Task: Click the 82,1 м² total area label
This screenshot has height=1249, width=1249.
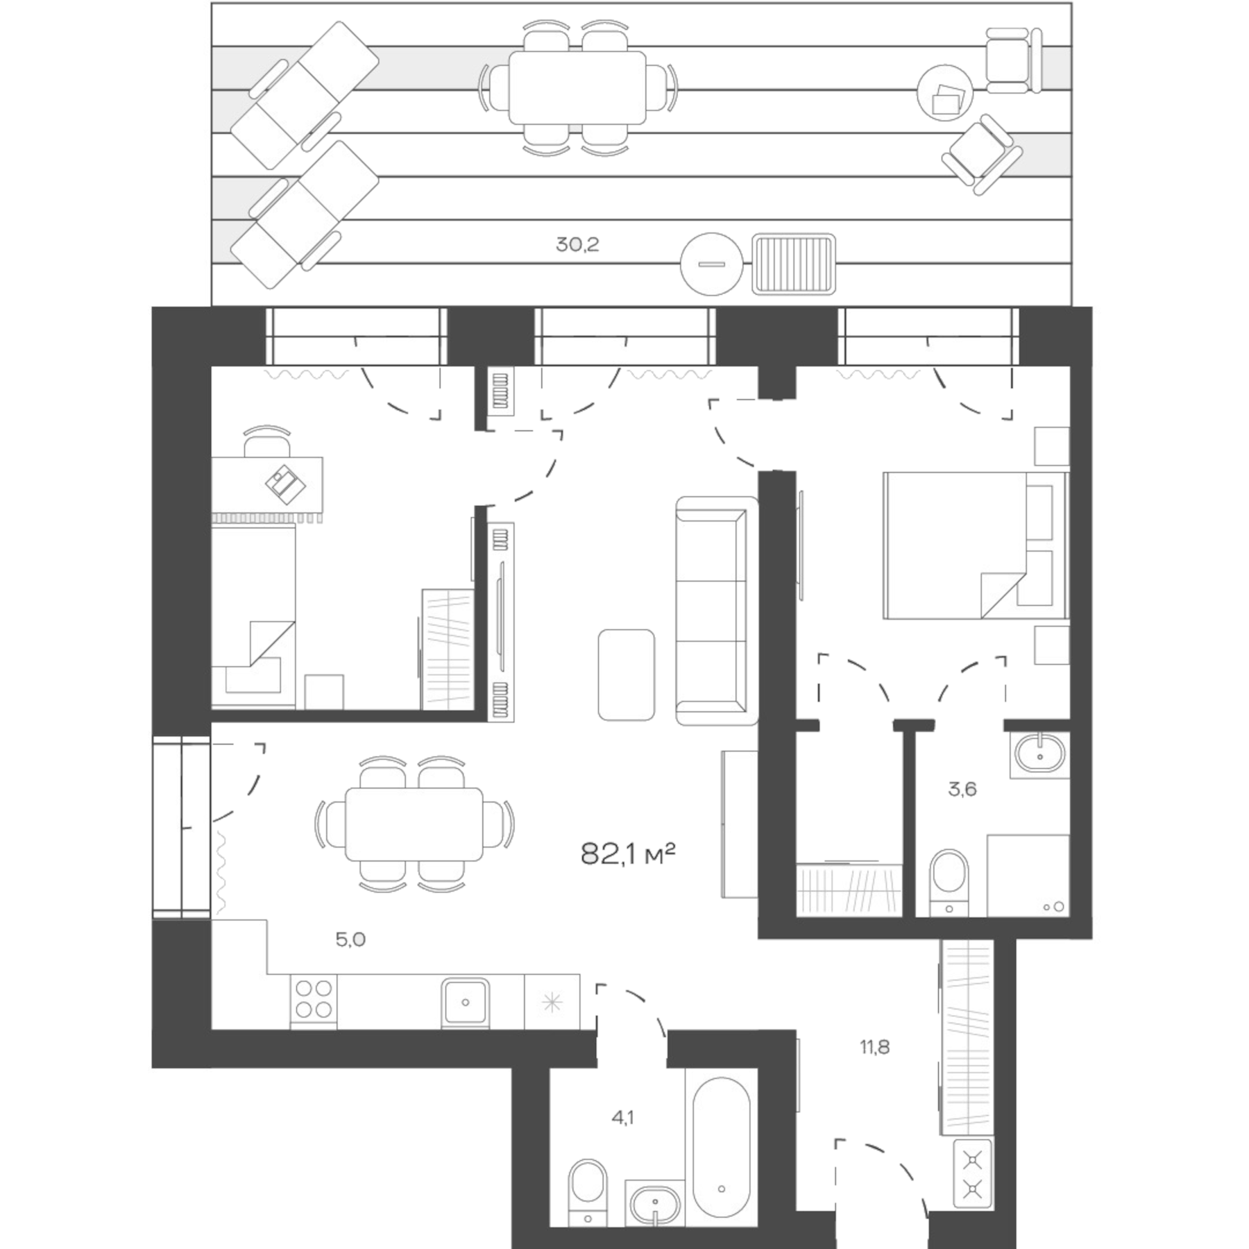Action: (x=627, y=854)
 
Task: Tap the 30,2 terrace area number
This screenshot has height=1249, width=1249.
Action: (x=577, y=244)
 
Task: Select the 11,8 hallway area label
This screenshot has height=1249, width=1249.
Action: (x=874, y=1047)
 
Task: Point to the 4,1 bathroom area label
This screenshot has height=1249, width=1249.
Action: (x=622, y=1137)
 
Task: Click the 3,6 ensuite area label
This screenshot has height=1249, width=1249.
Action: (x=962, y=789)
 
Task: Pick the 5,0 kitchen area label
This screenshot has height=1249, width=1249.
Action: (x=350, y=940)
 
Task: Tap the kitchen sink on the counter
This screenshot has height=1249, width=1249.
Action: (x=465, y=1001)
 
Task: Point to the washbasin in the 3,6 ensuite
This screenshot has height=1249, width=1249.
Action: (x=1039, y=753)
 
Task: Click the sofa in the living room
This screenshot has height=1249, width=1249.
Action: (x=715, y=611)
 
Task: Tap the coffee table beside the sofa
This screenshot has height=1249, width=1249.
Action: (x=626, y=674)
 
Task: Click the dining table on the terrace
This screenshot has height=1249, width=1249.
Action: (x=577, y=88)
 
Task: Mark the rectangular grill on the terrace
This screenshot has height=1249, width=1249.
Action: (x=794, y=264)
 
